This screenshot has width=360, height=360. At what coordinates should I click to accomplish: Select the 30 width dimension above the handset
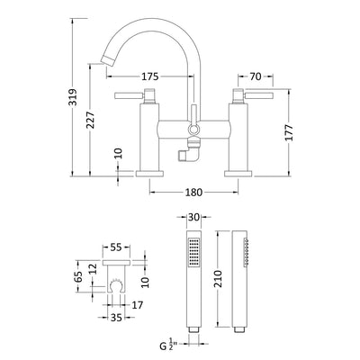click(x=194, y=217)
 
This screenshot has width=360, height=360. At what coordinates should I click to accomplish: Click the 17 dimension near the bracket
click(x=138, y=304)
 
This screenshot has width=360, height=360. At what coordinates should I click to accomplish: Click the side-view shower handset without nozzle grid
click(x=244, y=279)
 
